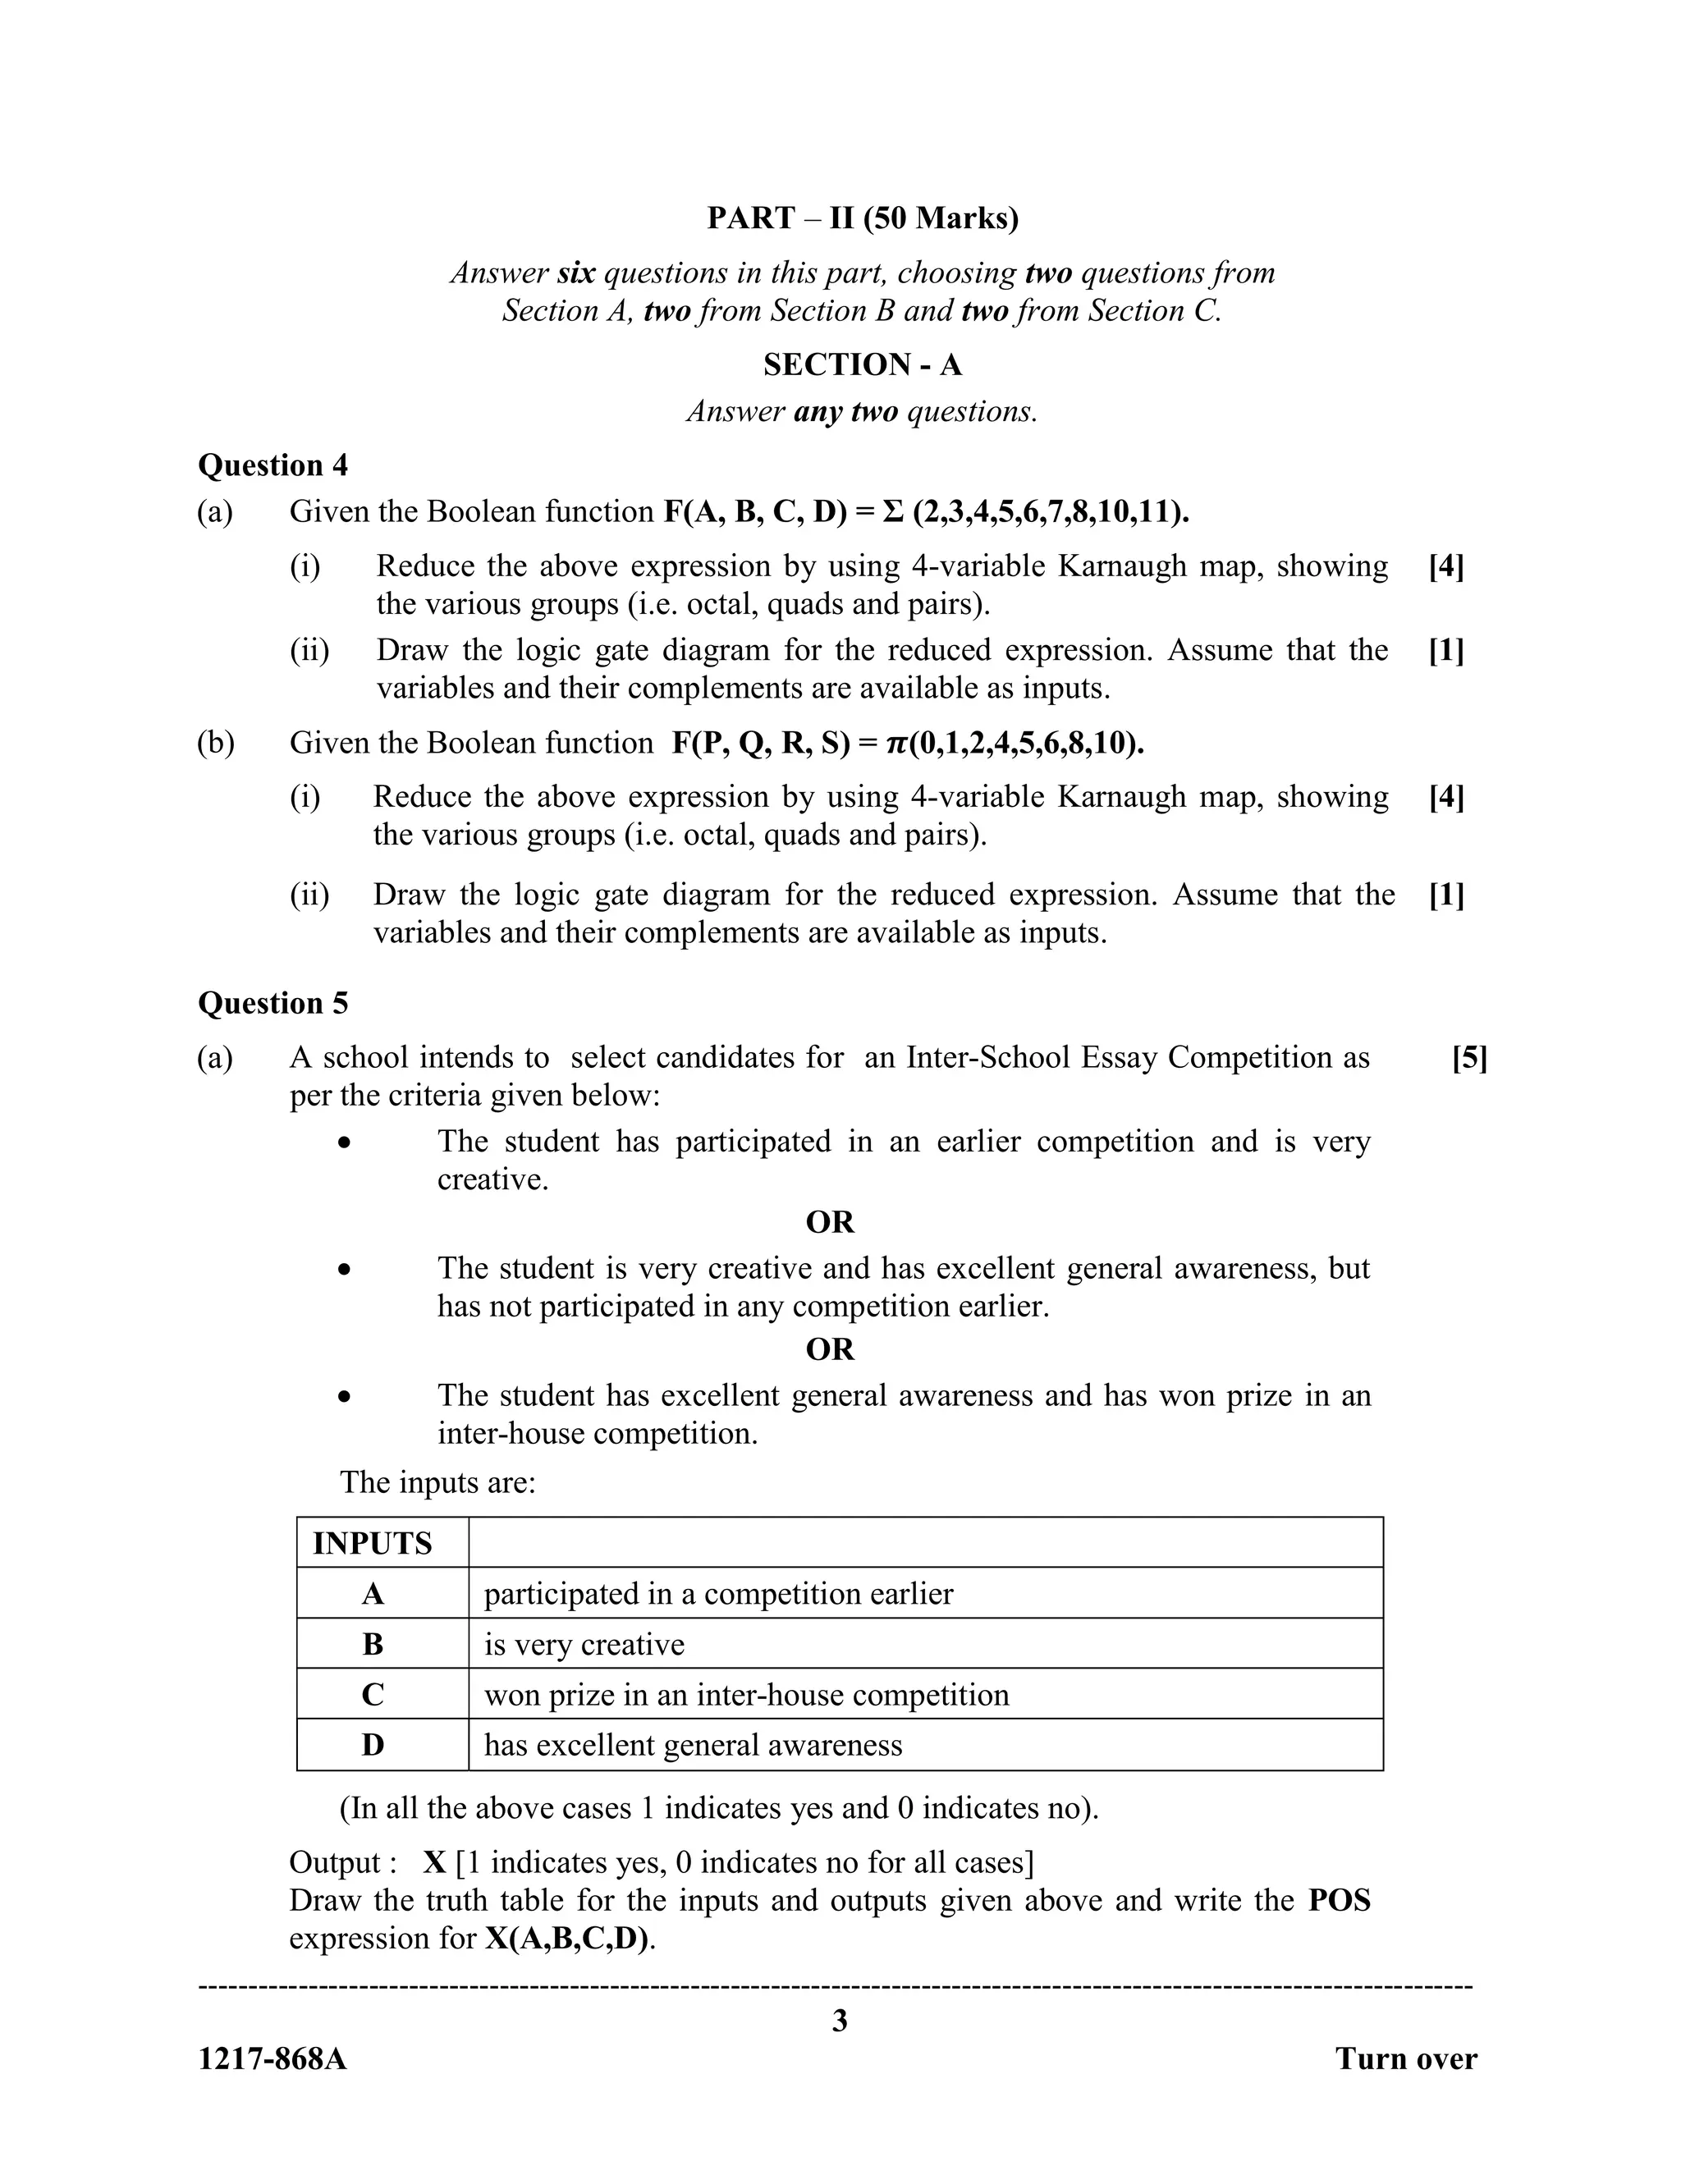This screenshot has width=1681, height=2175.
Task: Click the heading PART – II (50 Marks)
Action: [863, 218]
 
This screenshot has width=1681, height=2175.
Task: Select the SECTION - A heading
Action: [863, 364]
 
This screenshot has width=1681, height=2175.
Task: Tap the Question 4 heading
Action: [273, 465]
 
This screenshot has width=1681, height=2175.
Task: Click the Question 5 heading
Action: [273, 1003]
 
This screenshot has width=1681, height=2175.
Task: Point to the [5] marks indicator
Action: [1469, 1058]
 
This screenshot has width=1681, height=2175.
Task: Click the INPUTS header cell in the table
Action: [373, 1544]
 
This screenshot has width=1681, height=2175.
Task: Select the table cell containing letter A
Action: [373, 1595]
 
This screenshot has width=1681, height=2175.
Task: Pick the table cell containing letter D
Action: [373, 1745]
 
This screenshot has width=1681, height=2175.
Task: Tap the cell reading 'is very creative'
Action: [584, 1644]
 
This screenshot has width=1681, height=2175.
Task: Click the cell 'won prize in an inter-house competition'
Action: [746, 1695]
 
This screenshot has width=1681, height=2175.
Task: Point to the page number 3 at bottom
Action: [840, 2020]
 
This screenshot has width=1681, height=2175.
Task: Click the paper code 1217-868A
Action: [273, 2058]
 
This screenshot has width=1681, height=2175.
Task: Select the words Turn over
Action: [1405, 2058]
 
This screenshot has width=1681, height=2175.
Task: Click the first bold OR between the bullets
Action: [830, 1222]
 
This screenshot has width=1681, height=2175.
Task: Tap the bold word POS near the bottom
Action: [1339, 1900]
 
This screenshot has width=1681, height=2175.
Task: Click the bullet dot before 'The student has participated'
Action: [344, 1143]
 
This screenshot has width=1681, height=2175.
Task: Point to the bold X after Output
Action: [433, 1862]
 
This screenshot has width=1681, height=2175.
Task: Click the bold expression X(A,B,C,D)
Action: [566, 1939]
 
